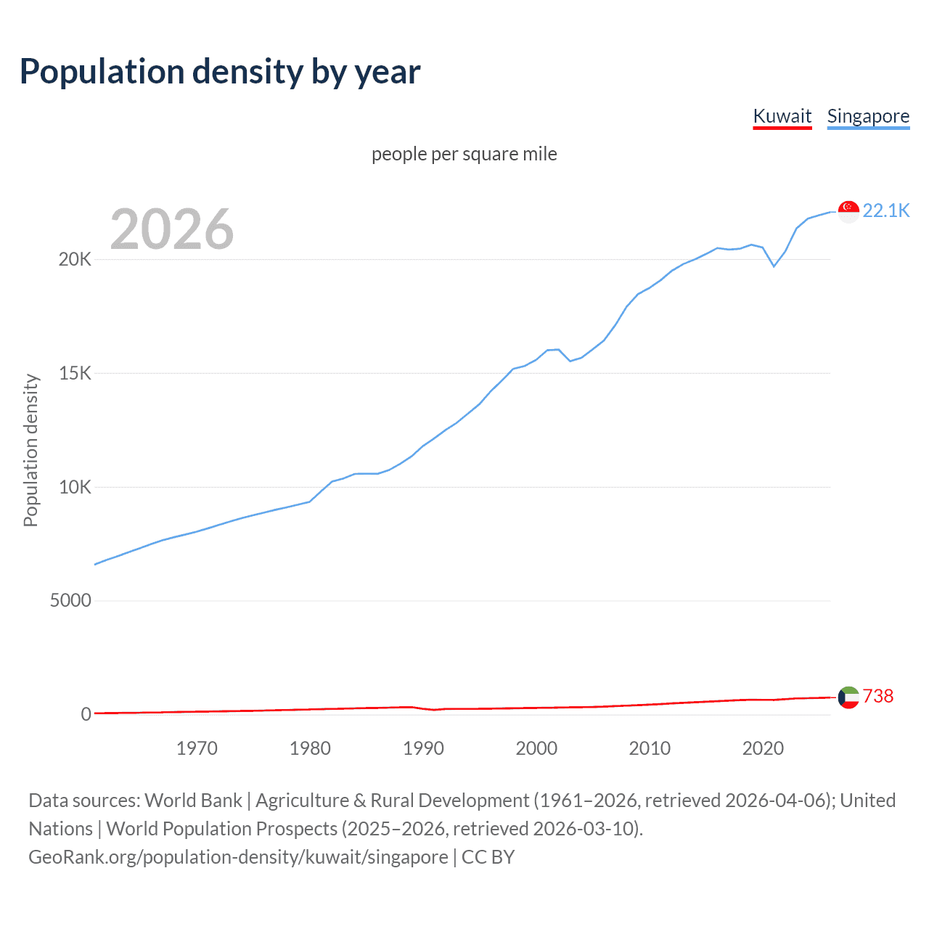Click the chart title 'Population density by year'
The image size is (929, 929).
pos(220,72)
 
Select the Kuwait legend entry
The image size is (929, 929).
pos(782,116)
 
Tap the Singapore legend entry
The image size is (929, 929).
pos(868,116)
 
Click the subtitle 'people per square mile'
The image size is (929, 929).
pos(464,154)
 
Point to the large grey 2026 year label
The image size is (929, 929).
pos(172,229)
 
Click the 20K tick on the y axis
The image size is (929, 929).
pos(75,260)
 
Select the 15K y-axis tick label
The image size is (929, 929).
pos(75,374)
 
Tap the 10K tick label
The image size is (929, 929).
pos(75,487)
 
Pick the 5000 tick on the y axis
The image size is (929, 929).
pos(70,601)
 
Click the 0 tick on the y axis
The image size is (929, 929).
pos(86,714)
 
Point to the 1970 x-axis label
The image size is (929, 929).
pos(197,748)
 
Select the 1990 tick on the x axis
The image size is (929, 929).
pos(423,748)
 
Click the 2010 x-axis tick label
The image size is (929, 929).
pos(650,748)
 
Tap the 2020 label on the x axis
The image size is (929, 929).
pos(763,748)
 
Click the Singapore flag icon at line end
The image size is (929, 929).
pos(848,211)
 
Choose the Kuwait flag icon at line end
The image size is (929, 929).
pos(848,697)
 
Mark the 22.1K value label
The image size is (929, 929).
pos(885,210)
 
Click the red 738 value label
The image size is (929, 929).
pos(878,696)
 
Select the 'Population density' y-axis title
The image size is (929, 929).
pos(30,450)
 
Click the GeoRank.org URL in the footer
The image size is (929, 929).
pos(238,857)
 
